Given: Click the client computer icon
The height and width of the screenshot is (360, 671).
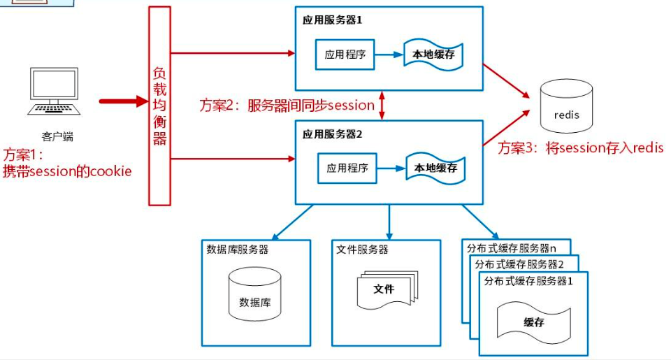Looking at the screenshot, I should pos(53,91).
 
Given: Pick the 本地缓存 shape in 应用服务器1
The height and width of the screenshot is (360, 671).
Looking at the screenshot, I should pos(434,55).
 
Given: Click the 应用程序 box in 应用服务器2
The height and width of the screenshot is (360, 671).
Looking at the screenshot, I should pos(347,168).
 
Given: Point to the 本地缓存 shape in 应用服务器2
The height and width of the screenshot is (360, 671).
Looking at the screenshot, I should pos(435,168).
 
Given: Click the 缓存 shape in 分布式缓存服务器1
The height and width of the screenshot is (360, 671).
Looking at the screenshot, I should pos(534,322).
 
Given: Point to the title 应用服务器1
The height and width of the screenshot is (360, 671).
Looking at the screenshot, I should pos(333,20).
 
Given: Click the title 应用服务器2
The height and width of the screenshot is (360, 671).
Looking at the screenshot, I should pos(333,134).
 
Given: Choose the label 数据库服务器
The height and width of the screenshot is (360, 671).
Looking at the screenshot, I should pos(238,250).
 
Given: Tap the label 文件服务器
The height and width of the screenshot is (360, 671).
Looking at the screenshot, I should pos(362,250).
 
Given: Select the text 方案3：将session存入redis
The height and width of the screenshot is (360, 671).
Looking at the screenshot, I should pos(580,147).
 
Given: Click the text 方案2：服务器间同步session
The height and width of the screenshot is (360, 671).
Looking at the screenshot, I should pos(287,106).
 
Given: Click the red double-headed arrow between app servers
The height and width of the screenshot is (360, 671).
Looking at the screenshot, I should pos(382,105).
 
